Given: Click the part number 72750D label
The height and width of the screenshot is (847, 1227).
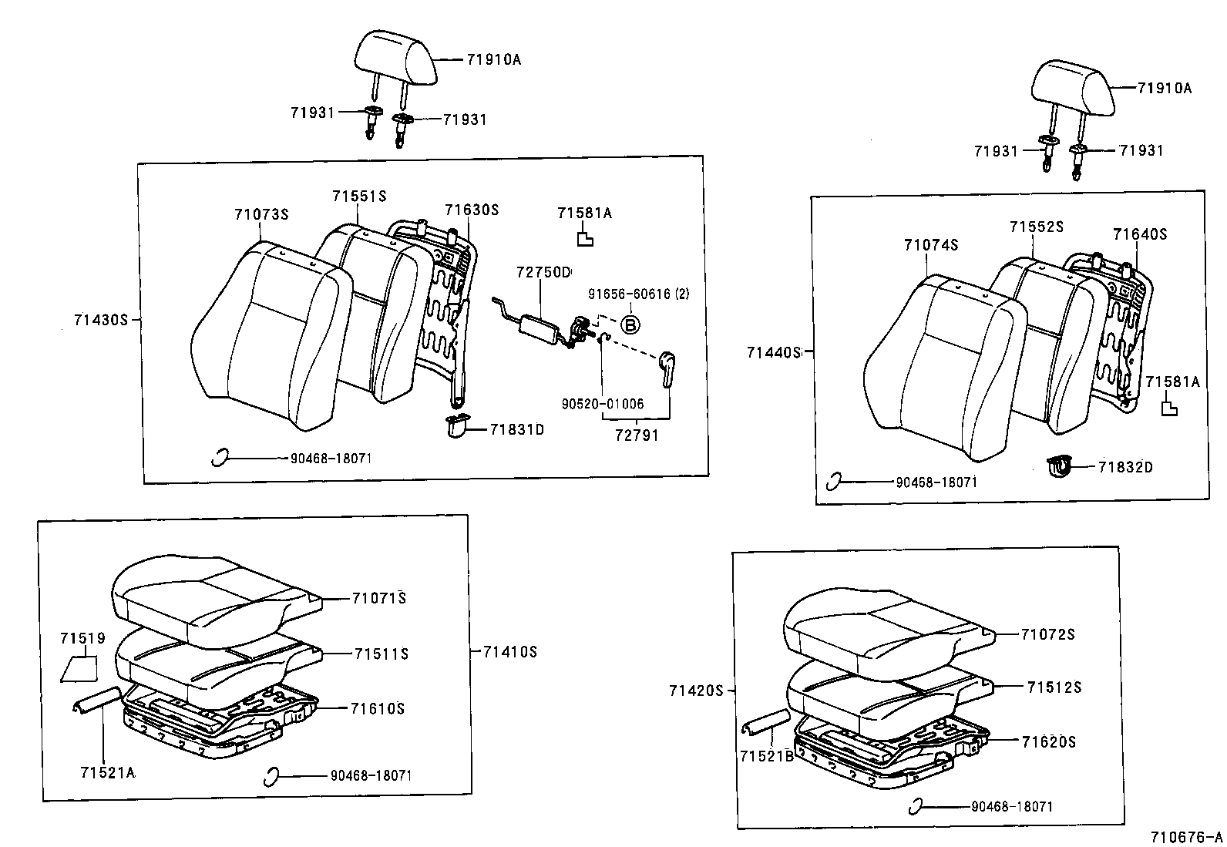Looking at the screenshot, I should pos(543,272).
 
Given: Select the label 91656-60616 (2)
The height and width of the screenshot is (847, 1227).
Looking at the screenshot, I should pos(639,294).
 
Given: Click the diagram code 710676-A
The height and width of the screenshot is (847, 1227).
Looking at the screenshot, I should pos(1186,837).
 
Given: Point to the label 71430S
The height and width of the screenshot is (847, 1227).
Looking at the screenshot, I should pos(100,320).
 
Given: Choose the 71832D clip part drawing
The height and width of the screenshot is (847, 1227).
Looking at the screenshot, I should pos(1062,466).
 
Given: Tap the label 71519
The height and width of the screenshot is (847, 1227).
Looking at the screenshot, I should pos(82,638).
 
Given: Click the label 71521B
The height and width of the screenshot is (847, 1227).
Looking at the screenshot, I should pos(767,756).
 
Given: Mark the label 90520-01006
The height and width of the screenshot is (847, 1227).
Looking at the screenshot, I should pos(603,404).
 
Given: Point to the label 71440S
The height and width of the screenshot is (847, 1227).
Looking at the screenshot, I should pos(773,352).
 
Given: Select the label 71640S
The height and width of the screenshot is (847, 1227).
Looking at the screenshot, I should pos(1139,234).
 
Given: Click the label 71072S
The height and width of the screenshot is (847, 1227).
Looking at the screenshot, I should pos(1047,634).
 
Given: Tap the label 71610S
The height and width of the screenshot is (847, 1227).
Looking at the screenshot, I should pos(378,708).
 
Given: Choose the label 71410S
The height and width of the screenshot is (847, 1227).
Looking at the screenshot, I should pos(509,651).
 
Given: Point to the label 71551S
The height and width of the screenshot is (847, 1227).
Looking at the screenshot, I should pos(359,197).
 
